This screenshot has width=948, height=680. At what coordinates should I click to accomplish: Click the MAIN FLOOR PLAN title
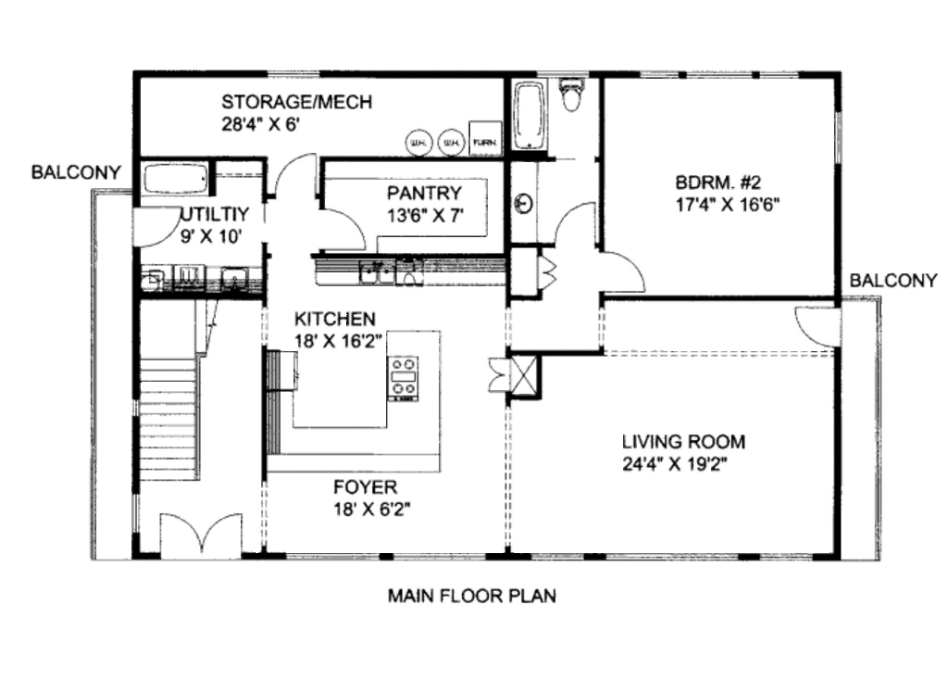(472, 596)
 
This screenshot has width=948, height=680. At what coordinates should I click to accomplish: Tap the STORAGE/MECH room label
(296, 102)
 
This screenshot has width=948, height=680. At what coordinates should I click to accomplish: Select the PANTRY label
(424, 194)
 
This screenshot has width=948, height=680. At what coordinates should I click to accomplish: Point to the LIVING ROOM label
(683, 442)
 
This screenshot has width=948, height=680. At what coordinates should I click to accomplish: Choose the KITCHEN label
(335, 319)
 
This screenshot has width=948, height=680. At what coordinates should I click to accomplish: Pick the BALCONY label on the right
(895, 280)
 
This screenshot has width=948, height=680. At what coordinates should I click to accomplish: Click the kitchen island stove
(402, 378)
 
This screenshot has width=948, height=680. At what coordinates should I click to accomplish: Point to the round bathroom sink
(524, 202)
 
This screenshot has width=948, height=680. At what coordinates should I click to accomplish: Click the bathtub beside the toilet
(530, 115)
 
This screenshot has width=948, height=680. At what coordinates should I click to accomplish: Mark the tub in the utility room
(176, 179)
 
